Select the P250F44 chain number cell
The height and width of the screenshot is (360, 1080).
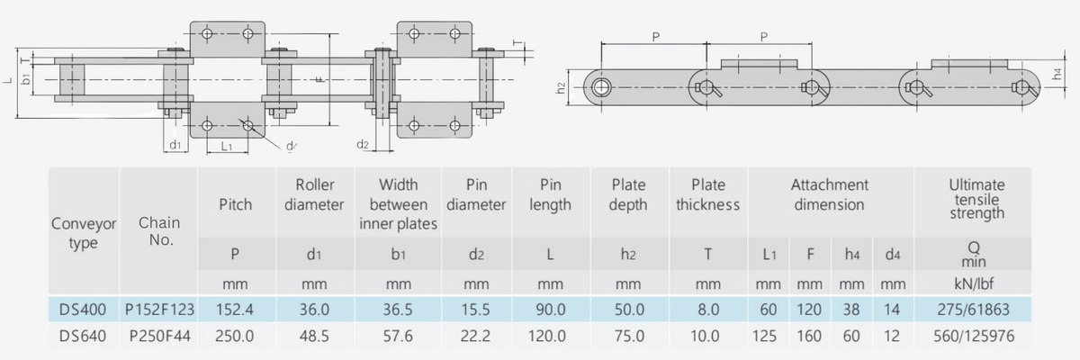coord(159,337)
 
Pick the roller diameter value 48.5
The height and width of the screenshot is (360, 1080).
coord(314,337)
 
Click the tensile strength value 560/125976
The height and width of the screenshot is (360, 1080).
coord(977,337)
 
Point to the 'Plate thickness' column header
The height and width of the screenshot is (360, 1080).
coord(707,194)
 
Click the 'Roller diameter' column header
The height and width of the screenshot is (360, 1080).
coord(314,194)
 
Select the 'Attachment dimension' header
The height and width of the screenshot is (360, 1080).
coord(829,194)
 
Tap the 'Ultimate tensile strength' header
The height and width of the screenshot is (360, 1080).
coord(977,199)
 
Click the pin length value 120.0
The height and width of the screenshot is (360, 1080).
coord(550,337)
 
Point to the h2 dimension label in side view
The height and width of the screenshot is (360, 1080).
coord(560,88)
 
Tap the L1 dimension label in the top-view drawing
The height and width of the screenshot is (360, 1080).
coord(227,145)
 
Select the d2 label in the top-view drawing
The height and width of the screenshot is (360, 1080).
coord(363,144)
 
